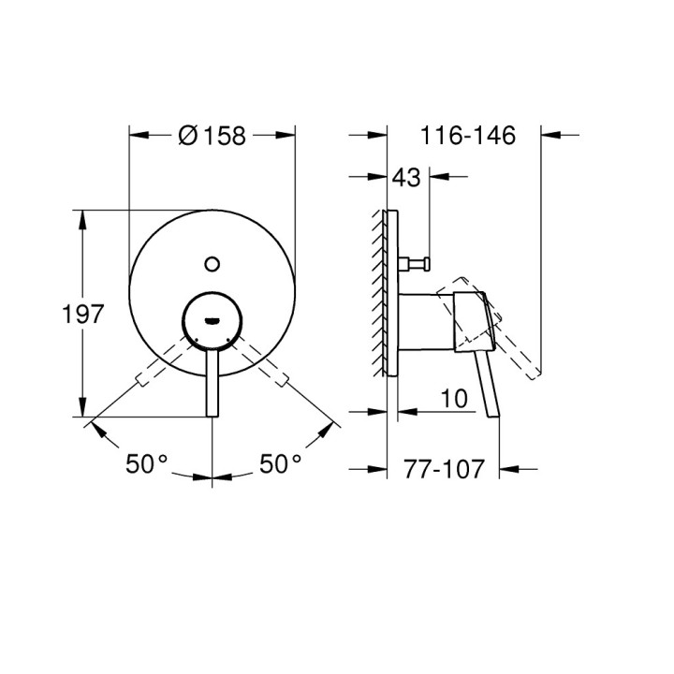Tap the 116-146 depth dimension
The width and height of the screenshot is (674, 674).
[468, 136]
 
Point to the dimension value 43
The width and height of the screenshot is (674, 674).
[408, 175]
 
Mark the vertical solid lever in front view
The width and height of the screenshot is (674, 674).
[212, 384]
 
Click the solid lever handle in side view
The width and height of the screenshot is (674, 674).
[488, 384]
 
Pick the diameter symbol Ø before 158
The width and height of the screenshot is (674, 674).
[186, 136]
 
